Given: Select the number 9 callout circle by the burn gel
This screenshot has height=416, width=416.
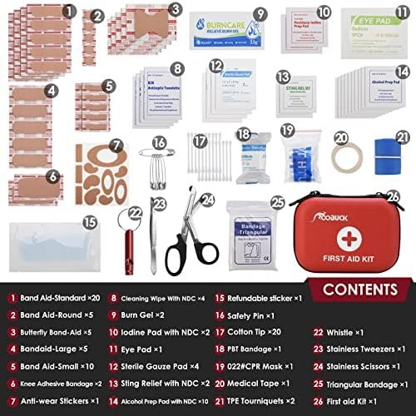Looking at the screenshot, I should click(x=260, y=13).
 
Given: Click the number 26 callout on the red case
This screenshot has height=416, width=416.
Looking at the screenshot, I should click(x=393, y=196).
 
